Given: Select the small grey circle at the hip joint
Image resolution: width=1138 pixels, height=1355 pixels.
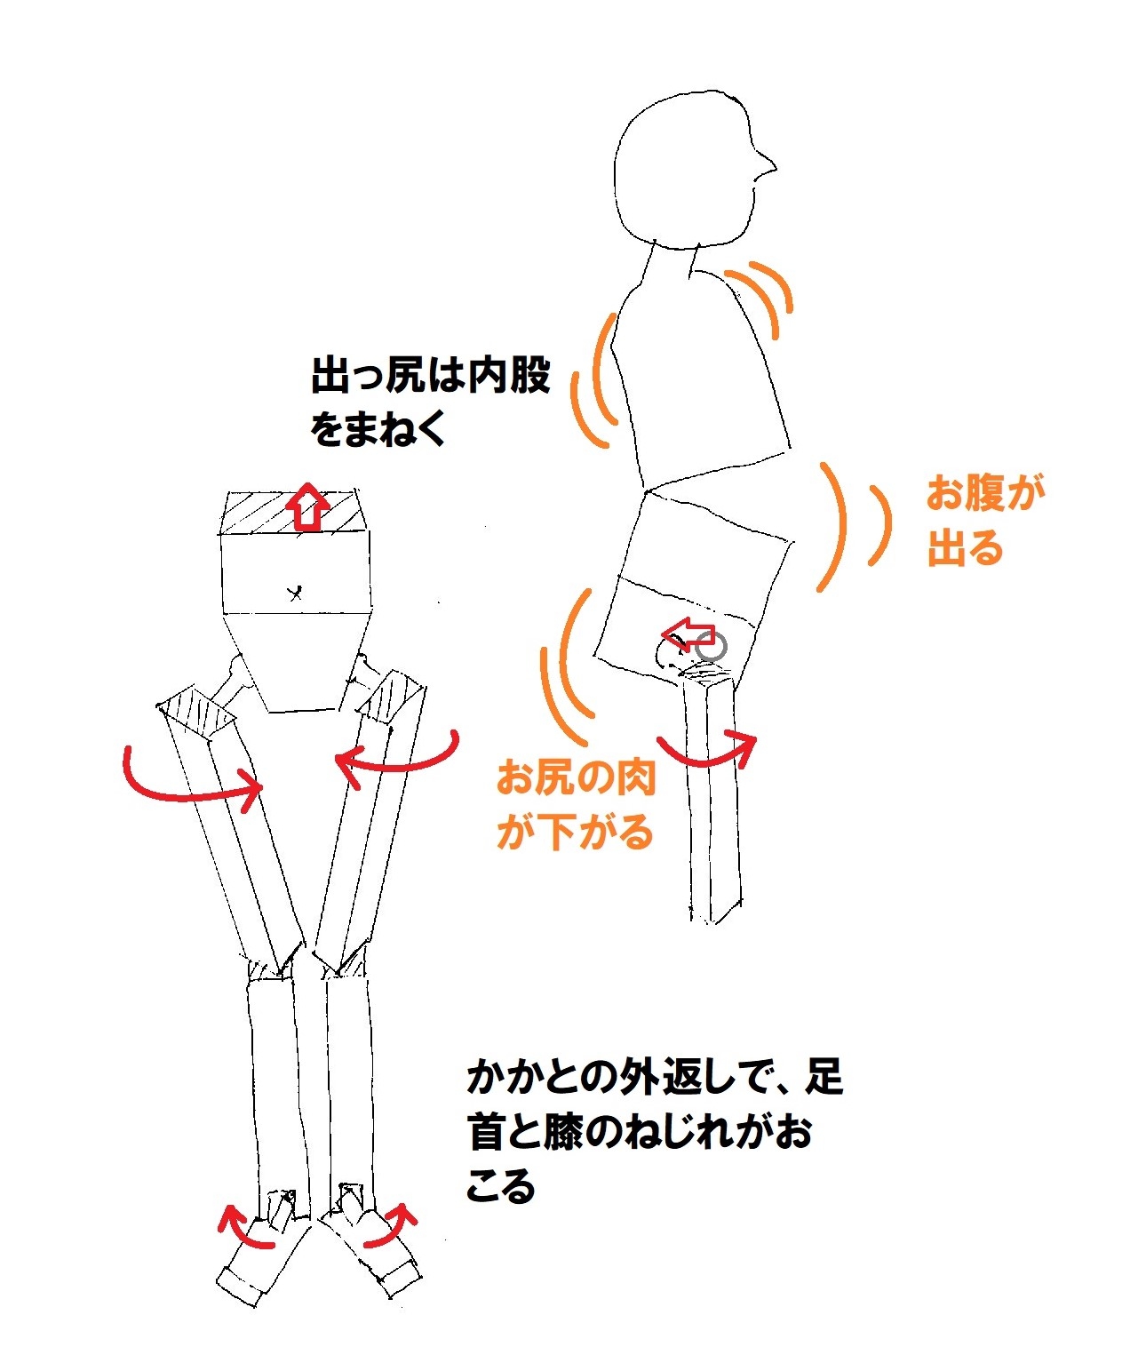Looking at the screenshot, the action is (711, 648).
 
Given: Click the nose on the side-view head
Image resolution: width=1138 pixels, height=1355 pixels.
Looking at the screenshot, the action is (766, 166).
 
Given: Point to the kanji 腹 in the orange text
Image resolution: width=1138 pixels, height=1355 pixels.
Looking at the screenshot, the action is (985, 494).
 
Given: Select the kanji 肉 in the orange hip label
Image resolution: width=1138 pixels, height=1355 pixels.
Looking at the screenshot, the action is (635, 778).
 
